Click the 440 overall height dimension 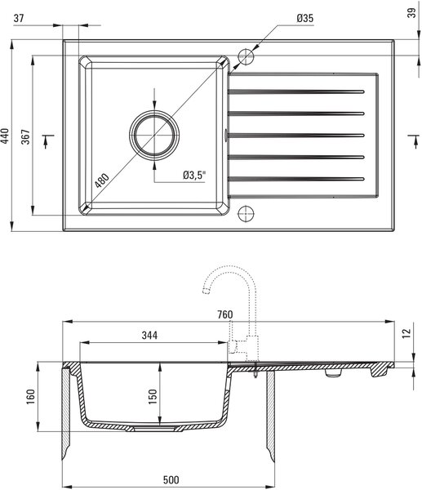click(5, 136)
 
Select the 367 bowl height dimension click(25, 136)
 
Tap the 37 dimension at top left click(19, 18)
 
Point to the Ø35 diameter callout click(304, 18)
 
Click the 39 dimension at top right click(412, 13)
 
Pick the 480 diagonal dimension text click(102, 180)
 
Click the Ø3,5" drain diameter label click(194, 175)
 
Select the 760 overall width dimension click(225, 314)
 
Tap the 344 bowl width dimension click(149, 336)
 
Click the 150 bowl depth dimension click(153, 397)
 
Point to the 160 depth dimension click(31, 397)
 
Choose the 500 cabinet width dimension click(171, 479)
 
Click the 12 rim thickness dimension click(406, 333)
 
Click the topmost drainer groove click(296, 91)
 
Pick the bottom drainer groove click(296, 179)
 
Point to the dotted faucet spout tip click(206, 292)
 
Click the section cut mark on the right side click(415, 141)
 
